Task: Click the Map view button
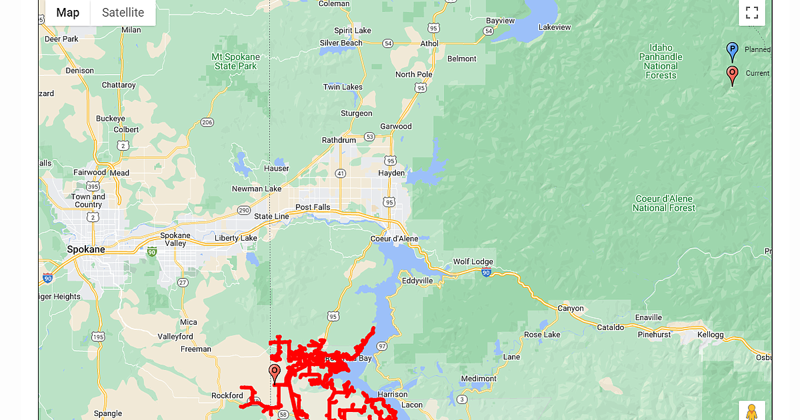pyautogui.click(x=67, y=13)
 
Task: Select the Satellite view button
pyautogui.click(x=123, y=13)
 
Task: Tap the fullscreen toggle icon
pyautogui.click(x=752, y=13)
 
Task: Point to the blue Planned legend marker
pyautogui.click(x=732, y=51)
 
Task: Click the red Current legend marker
pyautogui.click(x=732, y=75)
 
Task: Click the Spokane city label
pyautogui.click(x=86, y=249)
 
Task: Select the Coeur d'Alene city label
pyautogui.click(x=395, y=239)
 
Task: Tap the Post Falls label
pyautogui.click(x=313, y=207)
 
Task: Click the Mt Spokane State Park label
pyautogui.click(x=234, y=61)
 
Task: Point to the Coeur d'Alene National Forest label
pyautogui.click(x=663, y=203)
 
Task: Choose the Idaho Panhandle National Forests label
pyautogui.click(x=661, y=61)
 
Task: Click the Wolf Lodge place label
pyautogui.click(x=473, y=261)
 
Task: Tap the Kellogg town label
pyautogui.click(x=710, y=335)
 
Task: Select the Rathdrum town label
pyautogui.click(x=339, y=140)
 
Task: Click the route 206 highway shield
pyautogui.click(x=207, y=122)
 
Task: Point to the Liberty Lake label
pyautogui.click(x=235, y=238)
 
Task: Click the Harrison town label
pyautogui.click(x=391, y=394)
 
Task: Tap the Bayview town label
pyautogui.click(x=500, y=21)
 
